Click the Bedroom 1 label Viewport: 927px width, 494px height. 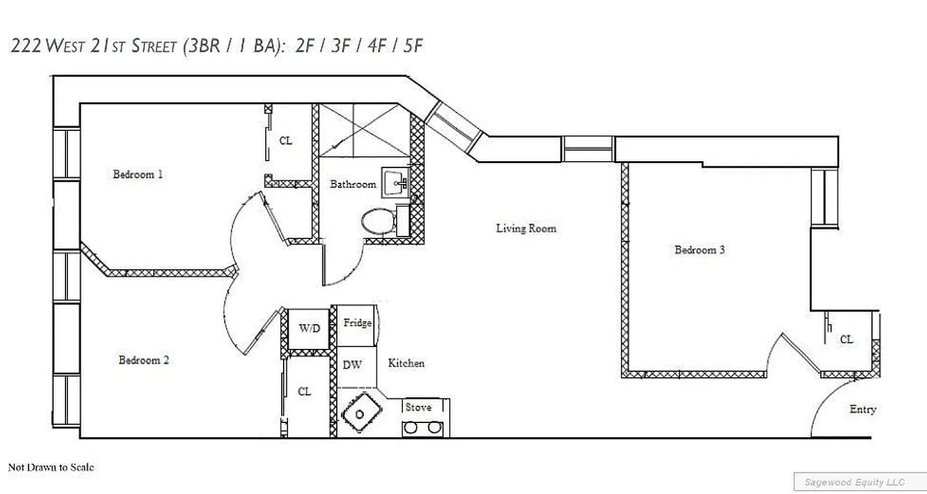pos(138,174)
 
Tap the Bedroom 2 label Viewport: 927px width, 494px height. pos(143,360)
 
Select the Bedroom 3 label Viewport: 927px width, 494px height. pos(699,250)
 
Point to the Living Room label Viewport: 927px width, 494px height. pos(526,228)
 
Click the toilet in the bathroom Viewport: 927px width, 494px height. pos(378,221)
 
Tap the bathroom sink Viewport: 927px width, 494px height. pos(394,183)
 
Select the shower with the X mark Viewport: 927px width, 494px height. pos(364,130)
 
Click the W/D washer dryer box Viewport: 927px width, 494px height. pos(310,329)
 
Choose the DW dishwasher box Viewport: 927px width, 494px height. pos(352,366)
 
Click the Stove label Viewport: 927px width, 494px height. pos(418,408)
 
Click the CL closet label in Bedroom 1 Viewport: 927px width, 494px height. pos(286,141)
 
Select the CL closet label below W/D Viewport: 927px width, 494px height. pos(304,392)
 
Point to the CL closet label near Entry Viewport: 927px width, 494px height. pos(846,340)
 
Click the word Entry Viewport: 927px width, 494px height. pos(862,409)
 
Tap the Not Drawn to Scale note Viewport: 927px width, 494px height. pos(51,467)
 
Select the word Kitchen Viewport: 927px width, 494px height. pos(406,363)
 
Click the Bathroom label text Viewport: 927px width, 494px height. pos(352,184)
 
